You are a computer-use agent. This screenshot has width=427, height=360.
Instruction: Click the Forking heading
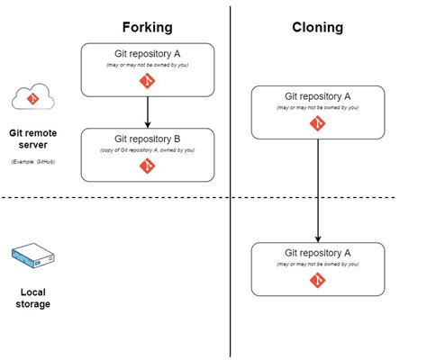(148, 26)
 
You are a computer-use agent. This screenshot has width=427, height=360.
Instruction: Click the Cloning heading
(317, 27)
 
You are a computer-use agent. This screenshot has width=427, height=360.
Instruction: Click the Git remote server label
(33, 137)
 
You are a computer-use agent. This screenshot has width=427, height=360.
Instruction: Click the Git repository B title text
(148, 139)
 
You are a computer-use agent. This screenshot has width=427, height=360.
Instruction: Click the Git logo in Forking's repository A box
(148, 81)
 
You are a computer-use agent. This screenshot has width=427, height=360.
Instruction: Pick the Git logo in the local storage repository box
(317, 280)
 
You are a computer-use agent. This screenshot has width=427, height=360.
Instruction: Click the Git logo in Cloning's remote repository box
(317, 123)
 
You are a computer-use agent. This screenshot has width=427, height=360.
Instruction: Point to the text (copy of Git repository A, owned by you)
(148, 150)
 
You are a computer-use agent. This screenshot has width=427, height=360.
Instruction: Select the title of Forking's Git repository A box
(148, 53)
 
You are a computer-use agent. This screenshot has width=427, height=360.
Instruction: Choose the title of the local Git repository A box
(317, 253)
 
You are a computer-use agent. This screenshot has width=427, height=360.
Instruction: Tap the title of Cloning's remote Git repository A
(317, 96)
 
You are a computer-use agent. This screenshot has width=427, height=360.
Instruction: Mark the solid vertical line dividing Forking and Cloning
(231, 270)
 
